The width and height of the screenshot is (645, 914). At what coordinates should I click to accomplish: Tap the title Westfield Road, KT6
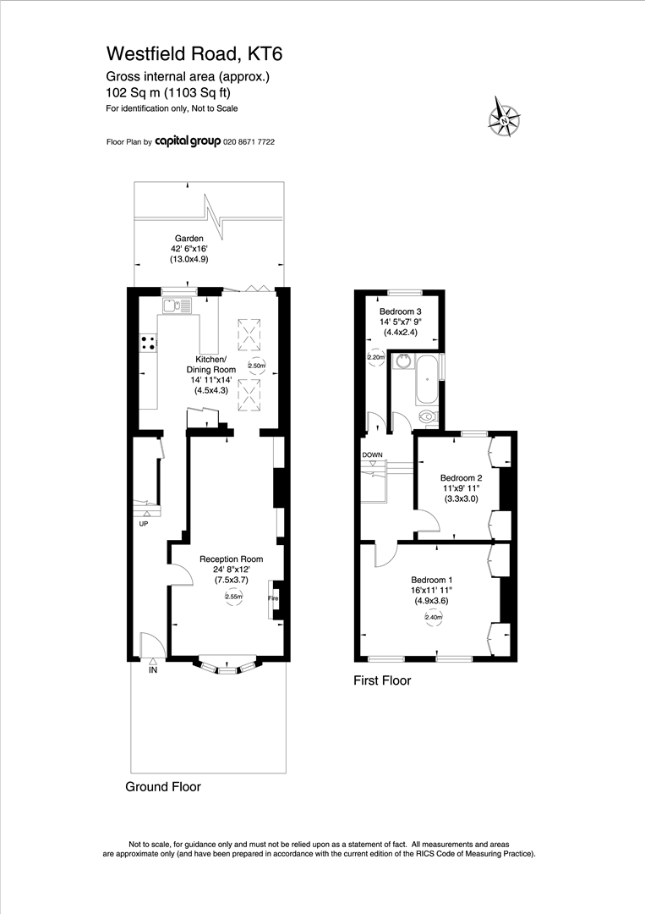point(194,54)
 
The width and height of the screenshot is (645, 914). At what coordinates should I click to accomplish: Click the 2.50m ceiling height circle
point(256,366)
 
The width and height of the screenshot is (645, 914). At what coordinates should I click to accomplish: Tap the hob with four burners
point(148,343)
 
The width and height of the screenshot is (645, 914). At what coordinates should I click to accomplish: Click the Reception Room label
point(231,559)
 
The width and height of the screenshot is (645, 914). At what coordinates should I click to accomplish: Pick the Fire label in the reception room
point(272,598)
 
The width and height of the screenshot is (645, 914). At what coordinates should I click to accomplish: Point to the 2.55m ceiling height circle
point(233,597)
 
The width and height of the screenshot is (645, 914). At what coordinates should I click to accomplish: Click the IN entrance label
point(153,670)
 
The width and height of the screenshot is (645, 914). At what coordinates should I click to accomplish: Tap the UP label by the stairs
point(144,524)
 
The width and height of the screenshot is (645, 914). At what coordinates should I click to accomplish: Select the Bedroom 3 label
point(400,311)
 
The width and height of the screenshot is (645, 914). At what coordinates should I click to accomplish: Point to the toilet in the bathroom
point(429,416)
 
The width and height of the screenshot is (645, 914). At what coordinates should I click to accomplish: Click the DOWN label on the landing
point(372,454)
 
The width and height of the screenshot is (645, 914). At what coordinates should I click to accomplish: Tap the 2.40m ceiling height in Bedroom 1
point(433,618)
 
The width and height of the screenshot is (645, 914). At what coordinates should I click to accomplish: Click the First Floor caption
point(382,680)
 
